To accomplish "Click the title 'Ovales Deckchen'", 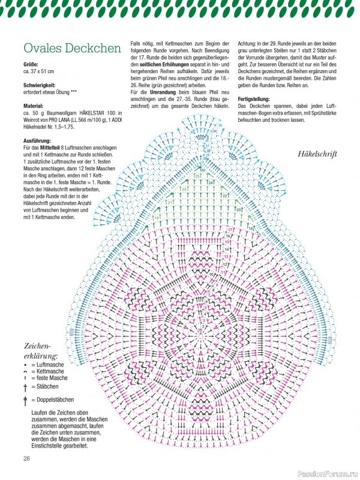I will (71, 49).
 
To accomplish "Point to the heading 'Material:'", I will (35, 106).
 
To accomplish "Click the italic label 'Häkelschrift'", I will (317, 154).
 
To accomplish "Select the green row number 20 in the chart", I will (239, 209).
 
